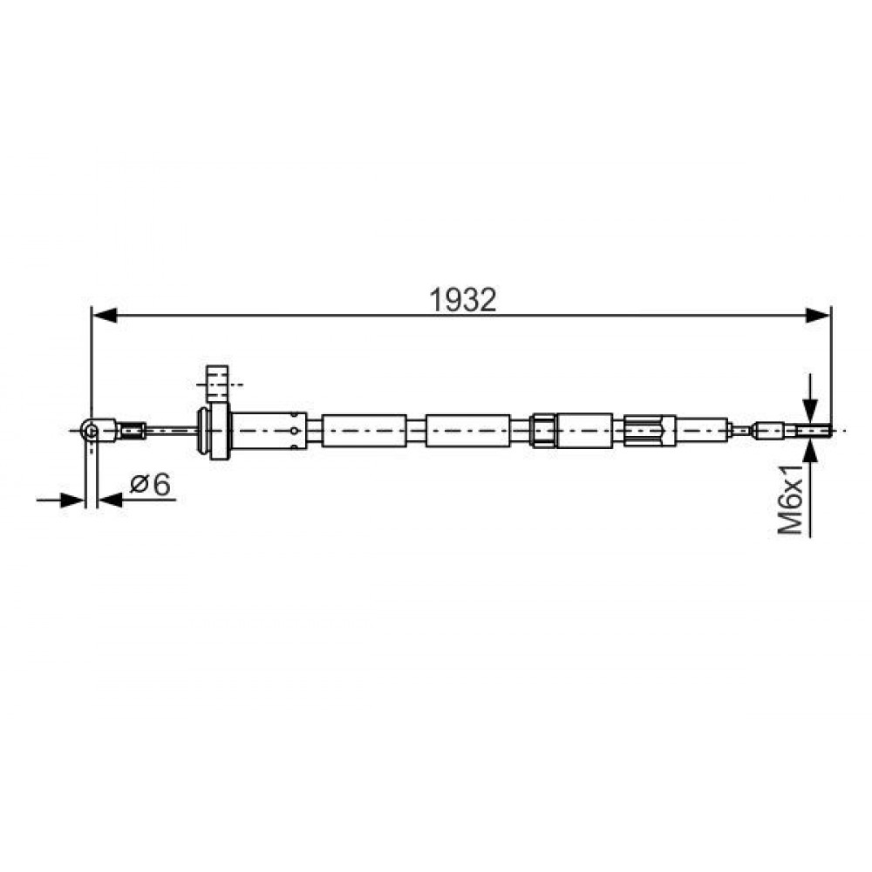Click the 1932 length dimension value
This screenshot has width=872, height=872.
point(463,300)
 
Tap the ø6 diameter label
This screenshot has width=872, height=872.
point(150,484)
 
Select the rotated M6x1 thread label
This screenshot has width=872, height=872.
point(790,501)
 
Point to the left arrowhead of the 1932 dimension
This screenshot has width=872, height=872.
point(105,316)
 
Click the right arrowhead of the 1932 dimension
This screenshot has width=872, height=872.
point(818,316)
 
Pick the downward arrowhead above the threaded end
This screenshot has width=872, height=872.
point(811,412)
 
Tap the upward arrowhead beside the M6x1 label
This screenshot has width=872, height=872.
point(811,451)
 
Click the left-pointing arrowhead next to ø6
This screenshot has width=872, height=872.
point(111,500)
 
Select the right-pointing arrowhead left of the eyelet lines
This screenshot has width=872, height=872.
point(72,500)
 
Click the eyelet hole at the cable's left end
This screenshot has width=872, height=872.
point(92,431)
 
